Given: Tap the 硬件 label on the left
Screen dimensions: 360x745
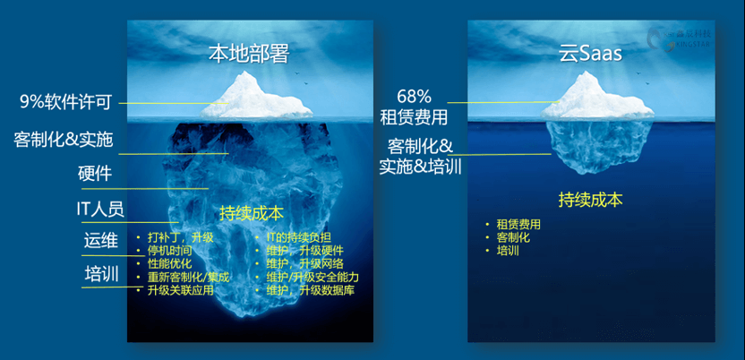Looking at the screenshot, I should (95, 174).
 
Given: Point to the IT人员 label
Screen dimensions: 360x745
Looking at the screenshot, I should (99, 210).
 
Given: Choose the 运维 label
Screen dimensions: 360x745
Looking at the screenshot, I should (101, 241).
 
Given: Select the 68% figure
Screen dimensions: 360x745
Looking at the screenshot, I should (413, 96).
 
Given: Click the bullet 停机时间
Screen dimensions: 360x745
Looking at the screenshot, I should (169, 251).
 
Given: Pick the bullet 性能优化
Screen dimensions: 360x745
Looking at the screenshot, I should (169, 264).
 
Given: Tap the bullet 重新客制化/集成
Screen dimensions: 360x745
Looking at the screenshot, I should (189, 278).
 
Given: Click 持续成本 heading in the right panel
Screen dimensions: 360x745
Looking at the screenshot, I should (590, 200).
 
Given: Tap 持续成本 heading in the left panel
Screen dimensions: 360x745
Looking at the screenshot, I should (252, 214).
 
